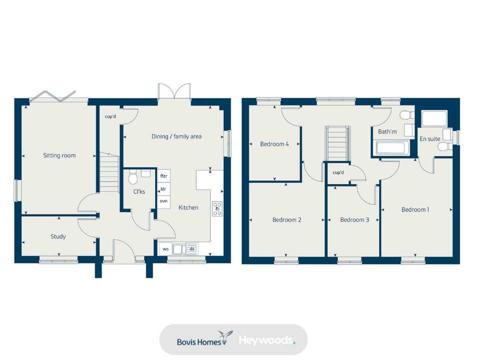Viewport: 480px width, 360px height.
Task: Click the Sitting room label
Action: pyautogui.click(x=59, y=155)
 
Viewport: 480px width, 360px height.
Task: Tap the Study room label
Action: pyautogui.click(x=58, y=236)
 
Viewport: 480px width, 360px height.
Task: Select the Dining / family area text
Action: pyautogui.click(x=177, y=136)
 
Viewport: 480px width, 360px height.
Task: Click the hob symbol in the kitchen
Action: pyautogui.click(x=218, y=208)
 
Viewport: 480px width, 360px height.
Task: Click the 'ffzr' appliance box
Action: pyautogui.click(x=163, y=176)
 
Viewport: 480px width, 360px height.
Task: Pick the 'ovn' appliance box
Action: pyautogui.click(x=163, y=200)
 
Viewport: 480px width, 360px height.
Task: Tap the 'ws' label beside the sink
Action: pyautogui.click(x=166, y=248)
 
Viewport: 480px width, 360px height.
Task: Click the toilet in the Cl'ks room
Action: pyautogui.click(x=133, y=177)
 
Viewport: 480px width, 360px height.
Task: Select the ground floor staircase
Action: pyautogui.click(x=108, y=172)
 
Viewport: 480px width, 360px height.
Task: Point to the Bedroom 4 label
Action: pyautogui.click(x=274, y=144)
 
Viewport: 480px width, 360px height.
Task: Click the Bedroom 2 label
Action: pyautogui.click(x=287, y=219)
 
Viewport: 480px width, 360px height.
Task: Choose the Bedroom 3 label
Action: pyautogui.click(x=355, y=219)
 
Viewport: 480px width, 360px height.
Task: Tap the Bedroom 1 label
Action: pyautogui.click(x=415, y=209)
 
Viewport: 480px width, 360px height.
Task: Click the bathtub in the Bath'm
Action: pyautogui.click(x=390, y=148)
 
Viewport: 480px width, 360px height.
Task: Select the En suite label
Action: pyautogui.click(x=430, y=138)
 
